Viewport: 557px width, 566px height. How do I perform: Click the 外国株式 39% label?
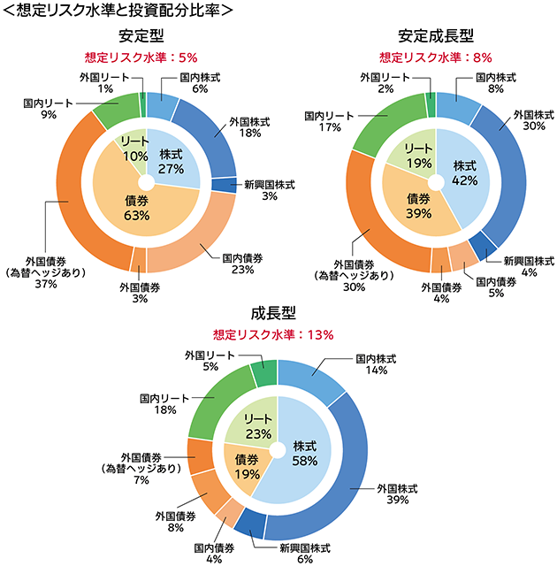pos(397,493)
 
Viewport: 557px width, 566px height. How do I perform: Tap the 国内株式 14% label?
pos(376,365)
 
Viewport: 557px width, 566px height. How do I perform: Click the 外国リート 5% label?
pos(210,361)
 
